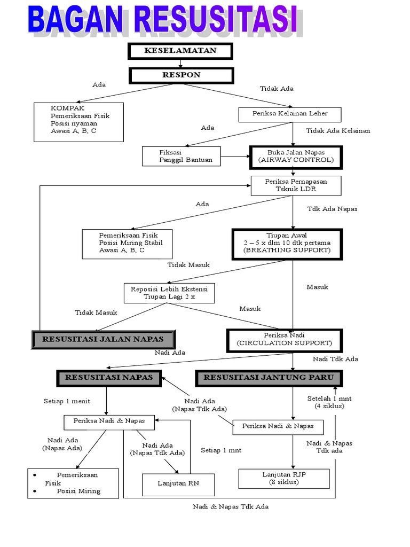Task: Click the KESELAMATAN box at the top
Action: (x=180, y=51)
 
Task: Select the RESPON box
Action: (x=181, y=75)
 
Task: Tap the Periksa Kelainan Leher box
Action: (x=290, y=114)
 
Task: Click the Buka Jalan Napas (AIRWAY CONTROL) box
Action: (x=295, y=157)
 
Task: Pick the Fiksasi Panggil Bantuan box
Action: (x=182, y=156)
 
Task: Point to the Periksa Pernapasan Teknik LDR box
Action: (x=295, y=185)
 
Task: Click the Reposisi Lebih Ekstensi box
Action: (x=169, y=293)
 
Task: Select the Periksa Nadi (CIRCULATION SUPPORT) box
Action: (x=284, y=340)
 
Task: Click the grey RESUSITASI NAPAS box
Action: (x=109, y=378)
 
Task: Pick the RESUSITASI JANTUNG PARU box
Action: (x=269, y=378)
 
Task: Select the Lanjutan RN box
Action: (x=178, y=484)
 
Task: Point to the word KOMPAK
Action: (x=64, y=107)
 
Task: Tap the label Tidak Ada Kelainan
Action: (x=337, y=131)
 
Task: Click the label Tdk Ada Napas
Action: (x=332, y=209)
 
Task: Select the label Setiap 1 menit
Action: (x=67, y=401)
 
